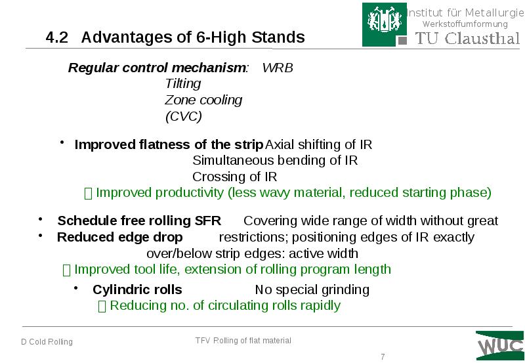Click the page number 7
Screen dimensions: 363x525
[383, 356]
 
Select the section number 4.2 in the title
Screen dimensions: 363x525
[57, 37]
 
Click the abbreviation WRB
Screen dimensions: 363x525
[278, 68]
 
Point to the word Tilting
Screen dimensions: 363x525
[182, 84]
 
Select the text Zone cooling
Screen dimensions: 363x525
[203, 100]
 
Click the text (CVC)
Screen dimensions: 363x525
[183, 117]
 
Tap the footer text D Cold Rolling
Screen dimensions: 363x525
[47, 342]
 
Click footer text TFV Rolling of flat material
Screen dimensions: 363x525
[243, 340]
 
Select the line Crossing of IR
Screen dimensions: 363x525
[234, 177]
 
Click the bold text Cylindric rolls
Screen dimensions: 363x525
[137, 289]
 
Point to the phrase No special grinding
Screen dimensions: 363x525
[312, 289]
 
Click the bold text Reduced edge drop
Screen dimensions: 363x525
[119, 237]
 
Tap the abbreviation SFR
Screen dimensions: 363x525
[208, 221]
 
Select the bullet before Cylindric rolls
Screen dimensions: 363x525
[76, 288]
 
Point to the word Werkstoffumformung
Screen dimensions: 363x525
[465, 24]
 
